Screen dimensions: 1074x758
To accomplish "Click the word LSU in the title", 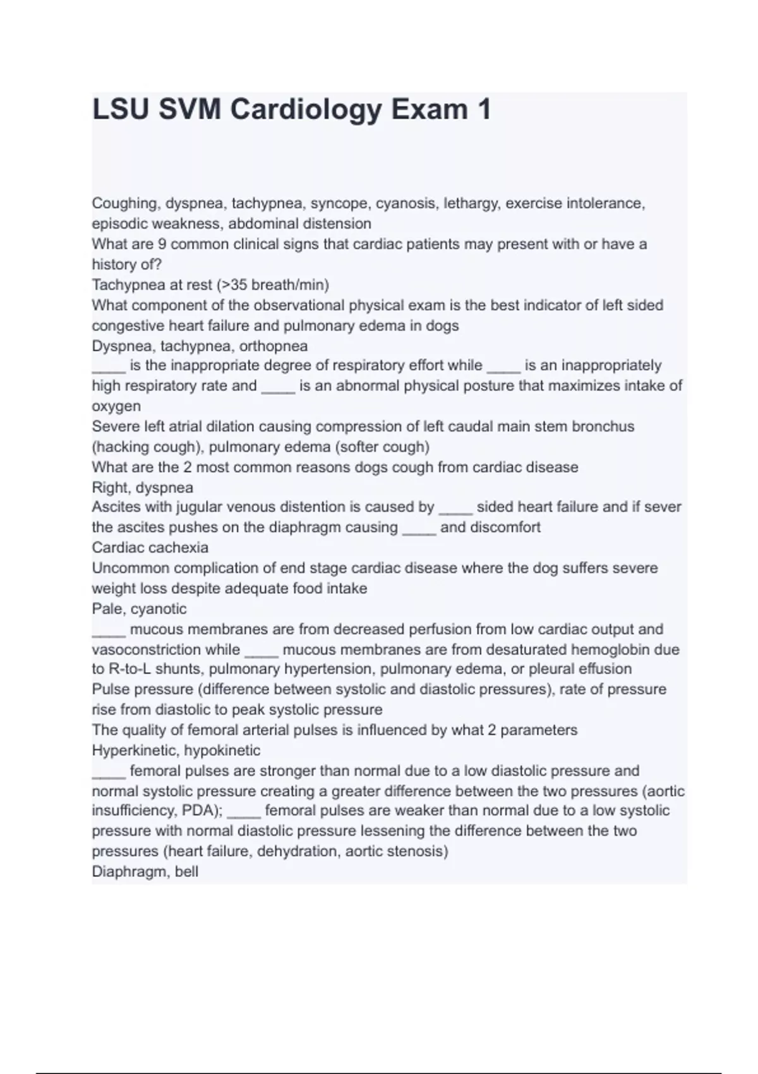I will click(x=121, y=110).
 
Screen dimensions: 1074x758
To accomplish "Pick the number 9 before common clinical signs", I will click(x=161, y=244).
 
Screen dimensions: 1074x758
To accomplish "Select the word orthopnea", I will click(x=274, y=346).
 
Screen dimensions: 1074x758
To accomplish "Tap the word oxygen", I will click(x=116, y=406).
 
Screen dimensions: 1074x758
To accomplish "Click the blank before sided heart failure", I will click(x=455, y=508).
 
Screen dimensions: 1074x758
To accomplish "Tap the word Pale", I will click(x=107, y=609).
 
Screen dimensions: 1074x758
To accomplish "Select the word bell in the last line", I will click(x=188, y=872).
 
